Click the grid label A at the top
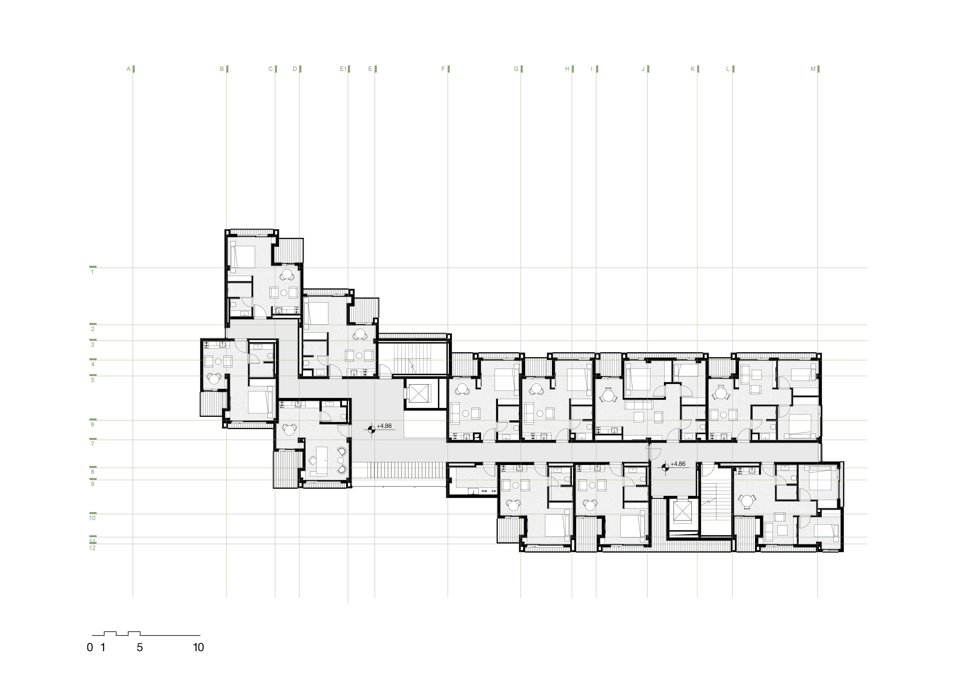(x=128, y=69)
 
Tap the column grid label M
(x=813, y=69)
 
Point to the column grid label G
(x=516, y=69)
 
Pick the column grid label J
(x=643, y=69)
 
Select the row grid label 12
(x=92, y=548)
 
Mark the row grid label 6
(x=92, y=425)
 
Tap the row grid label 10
(x=92, y=518)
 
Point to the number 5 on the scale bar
(x=140, y=647)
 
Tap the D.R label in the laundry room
(x=493, y=491)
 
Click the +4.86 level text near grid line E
(x=384, y=426)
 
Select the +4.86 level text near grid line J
(x=678, y=464)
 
